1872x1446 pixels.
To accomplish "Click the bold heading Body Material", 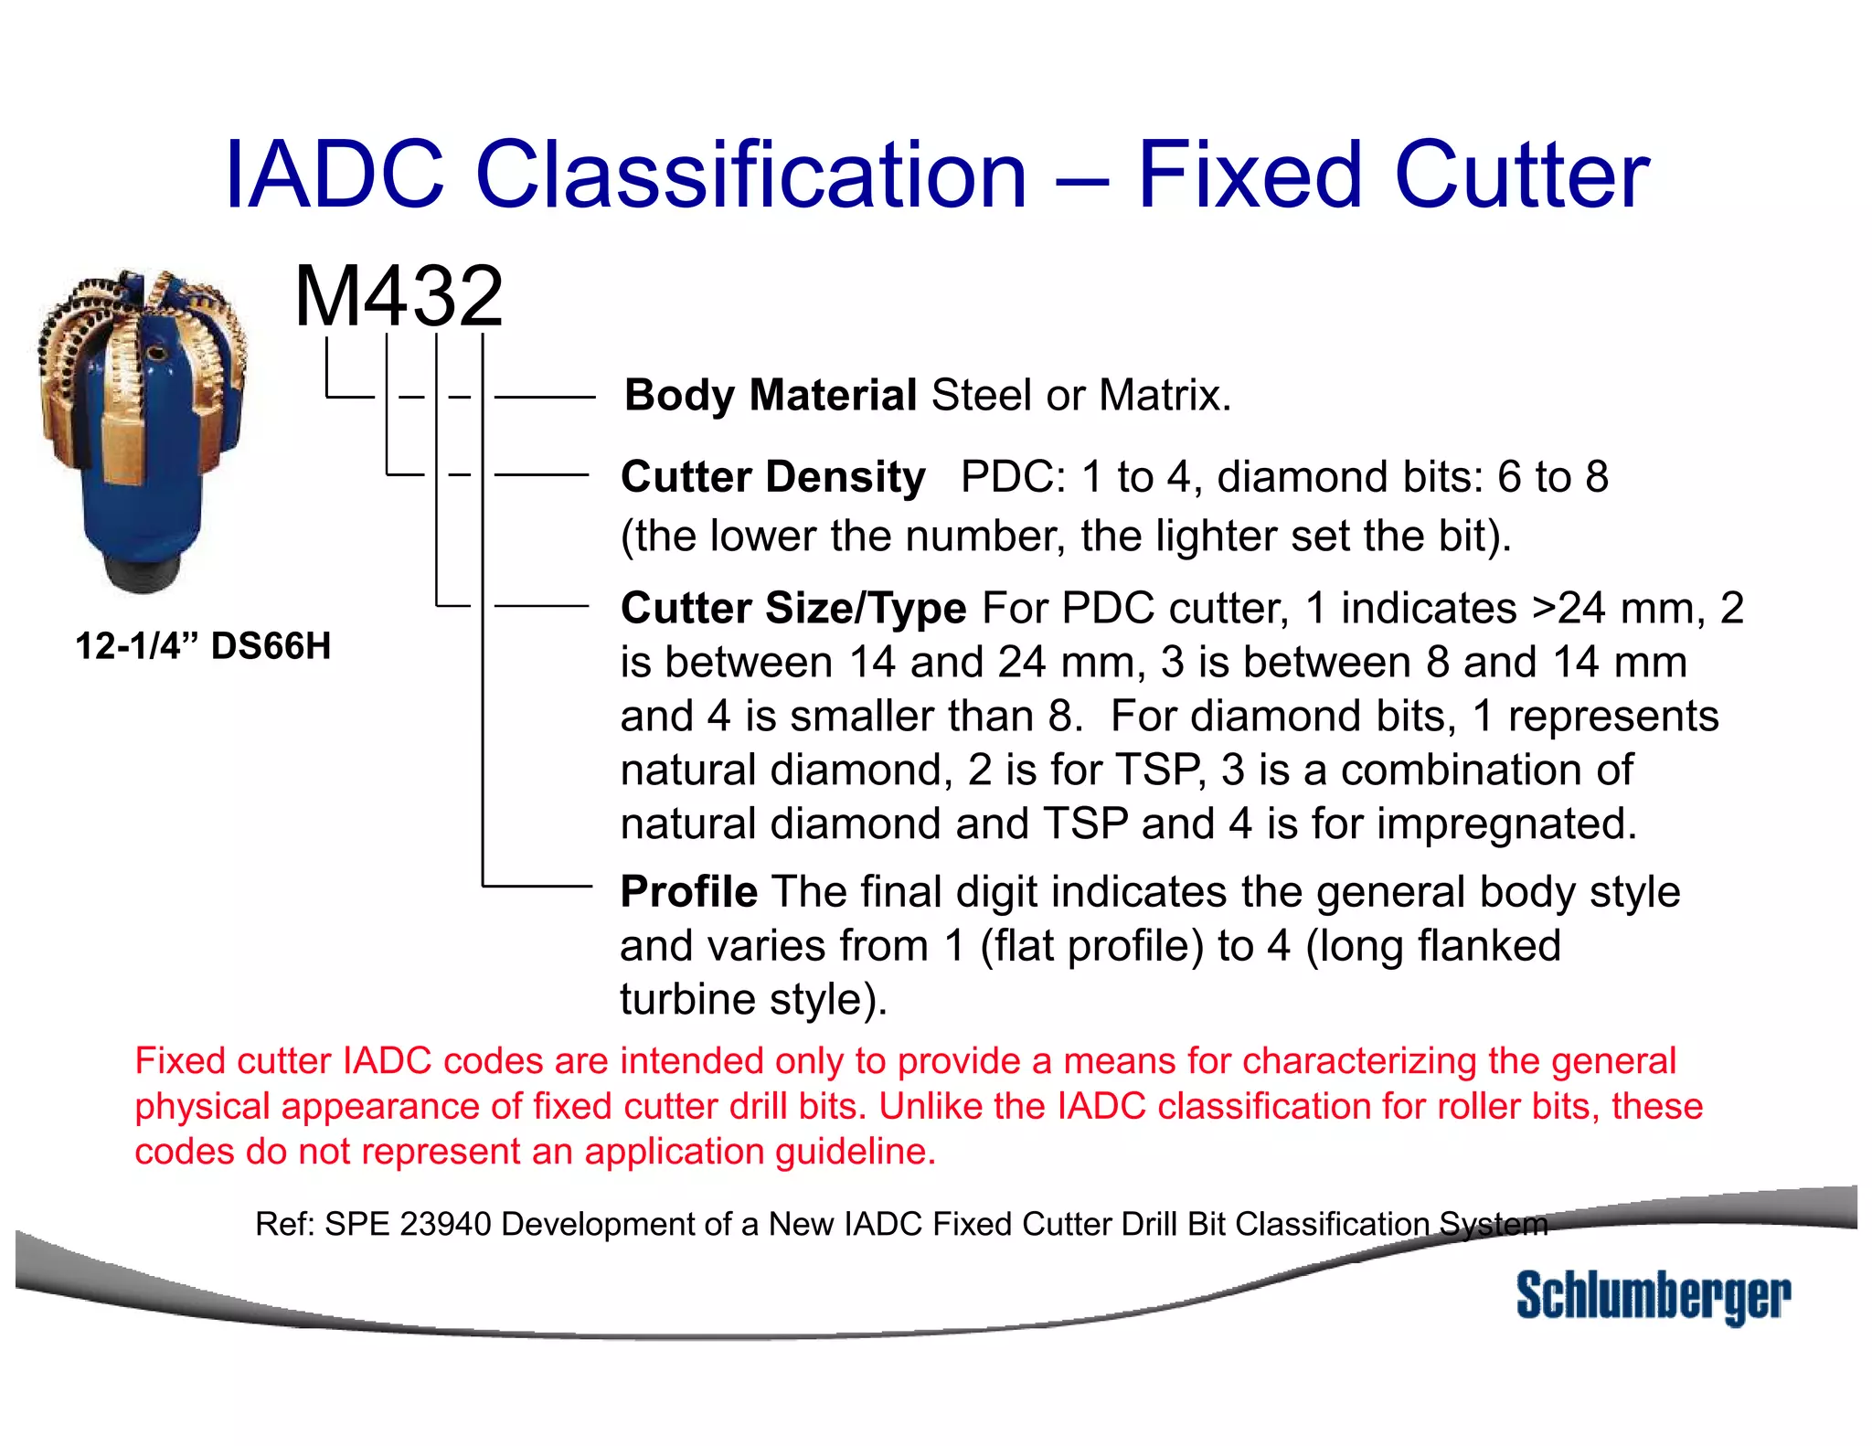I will [770, 396].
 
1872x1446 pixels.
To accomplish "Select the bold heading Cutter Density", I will [772, 477].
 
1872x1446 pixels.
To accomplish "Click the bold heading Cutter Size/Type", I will [792, 609].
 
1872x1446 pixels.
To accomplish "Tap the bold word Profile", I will [688, 892].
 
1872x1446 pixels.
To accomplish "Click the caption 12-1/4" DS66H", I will [203, 646].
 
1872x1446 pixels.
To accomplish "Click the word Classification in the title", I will [750, 175].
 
